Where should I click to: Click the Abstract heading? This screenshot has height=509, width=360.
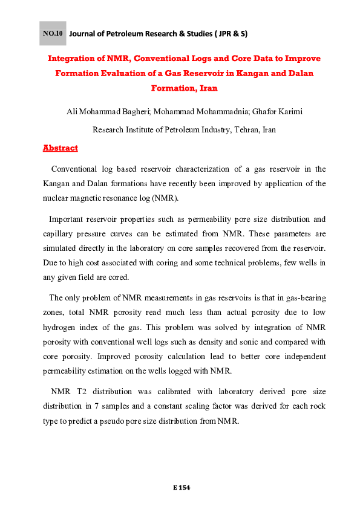pos(60,148)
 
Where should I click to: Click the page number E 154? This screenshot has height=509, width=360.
pos(180,487)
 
